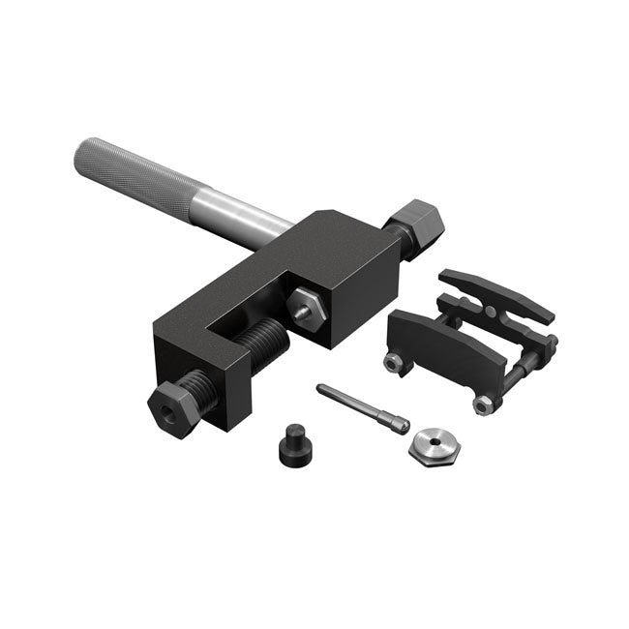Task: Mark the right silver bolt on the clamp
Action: click(481, 406)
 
